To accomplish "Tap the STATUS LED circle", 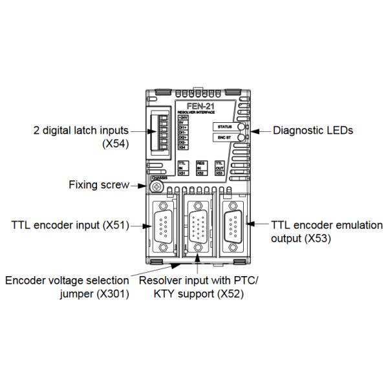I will coord(241,127).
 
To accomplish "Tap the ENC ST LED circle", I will coord(241,138).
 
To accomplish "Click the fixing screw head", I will coord(156,187).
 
